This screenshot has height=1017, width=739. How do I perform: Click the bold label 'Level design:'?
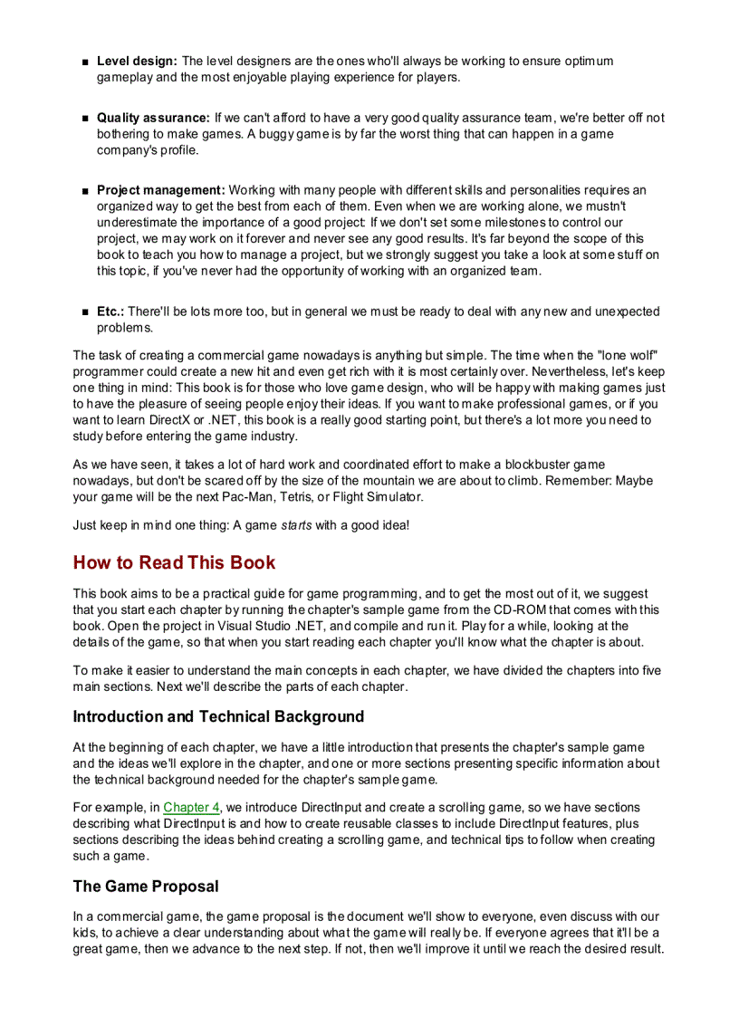(x=137, y=62)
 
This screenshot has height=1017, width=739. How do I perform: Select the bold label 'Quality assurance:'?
(x=153, y=118)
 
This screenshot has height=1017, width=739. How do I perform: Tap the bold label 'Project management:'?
(x=160, y=190)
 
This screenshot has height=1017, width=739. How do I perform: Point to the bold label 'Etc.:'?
(x=110, y=312)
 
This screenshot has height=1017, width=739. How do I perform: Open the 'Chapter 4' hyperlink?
(x=192, y=807)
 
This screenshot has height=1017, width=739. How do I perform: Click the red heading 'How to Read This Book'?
(x=174, y=562)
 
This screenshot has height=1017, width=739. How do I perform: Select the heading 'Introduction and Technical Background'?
(x=218, y=717)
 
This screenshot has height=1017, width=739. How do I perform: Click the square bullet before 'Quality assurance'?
(x=84, y=119)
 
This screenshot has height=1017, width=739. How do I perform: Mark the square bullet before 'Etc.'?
(x=84, y=312)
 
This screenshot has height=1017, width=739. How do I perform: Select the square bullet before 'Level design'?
(x=84, y=62)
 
